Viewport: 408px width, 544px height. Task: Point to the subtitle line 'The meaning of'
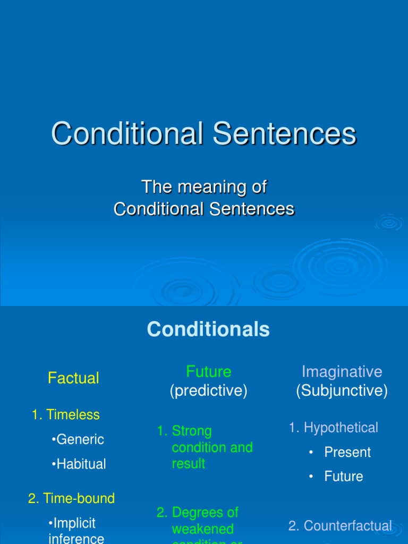(204, 187)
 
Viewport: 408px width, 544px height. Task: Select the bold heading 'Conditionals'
(208, 329)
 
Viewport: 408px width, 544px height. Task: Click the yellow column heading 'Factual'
(73, 378)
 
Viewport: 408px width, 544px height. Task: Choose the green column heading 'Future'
(209, 371)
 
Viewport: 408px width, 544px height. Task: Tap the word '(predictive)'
(209, 391)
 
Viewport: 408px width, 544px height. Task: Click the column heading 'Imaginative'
(342, 371)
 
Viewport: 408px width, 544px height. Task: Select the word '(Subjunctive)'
(342, 391)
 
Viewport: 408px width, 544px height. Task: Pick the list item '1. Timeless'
(66, 415)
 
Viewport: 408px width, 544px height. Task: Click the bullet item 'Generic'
(79, 439)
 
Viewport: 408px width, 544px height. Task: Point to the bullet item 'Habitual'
(80, 464)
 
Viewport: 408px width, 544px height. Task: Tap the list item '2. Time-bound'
(71, 498)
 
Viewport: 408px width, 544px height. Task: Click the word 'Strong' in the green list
(192, 431)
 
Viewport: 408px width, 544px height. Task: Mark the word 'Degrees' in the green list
(205, 513)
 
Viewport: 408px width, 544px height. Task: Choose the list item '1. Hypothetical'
(334, 428)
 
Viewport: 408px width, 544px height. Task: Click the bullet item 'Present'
(347, 452)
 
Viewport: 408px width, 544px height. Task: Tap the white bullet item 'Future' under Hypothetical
(344, 477)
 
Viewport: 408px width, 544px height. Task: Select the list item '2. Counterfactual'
(340, 526)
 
